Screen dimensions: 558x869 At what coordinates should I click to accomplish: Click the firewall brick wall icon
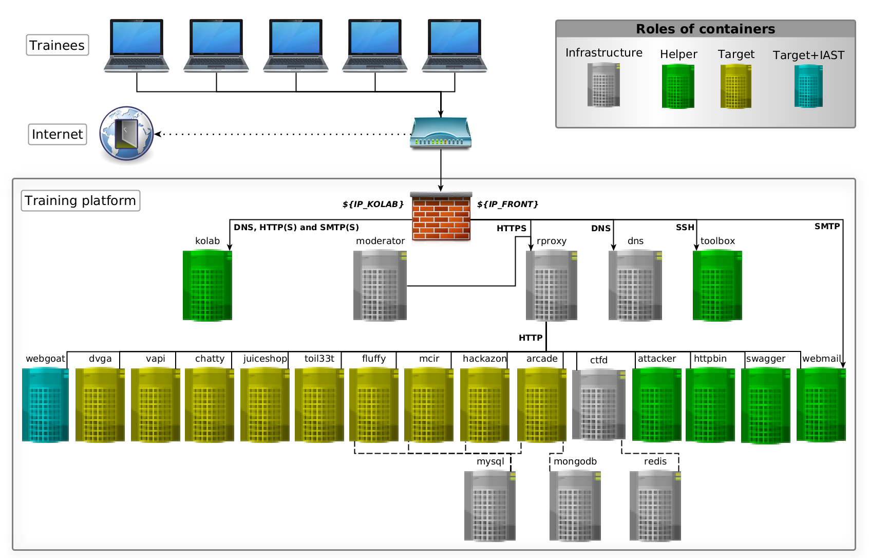[x=441, y=216]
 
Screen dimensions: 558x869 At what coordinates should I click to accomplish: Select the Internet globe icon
[x=126, y=134]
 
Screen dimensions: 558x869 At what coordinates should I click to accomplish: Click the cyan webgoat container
[x=45, y=404]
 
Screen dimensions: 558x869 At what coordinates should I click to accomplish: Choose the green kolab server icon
[x=207, y=285]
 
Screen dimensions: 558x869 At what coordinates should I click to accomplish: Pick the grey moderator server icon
[x=380, y=285]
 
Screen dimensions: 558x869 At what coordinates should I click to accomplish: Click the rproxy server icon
[x=551, y=285]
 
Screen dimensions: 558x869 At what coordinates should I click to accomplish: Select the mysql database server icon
[x=489, y=506]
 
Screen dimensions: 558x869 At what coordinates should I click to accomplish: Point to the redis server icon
[x=655, y=506]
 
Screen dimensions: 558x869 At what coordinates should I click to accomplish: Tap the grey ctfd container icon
[x=598, y=404]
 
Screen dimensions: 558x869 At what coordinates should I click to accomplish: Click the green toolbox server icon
[x=717, y=285]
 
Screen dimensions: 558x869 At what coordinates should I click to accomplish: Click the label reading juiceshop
[x=265, y=359]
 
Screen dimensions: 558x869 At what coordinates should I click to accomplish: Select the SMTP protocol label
[x=827, y=227]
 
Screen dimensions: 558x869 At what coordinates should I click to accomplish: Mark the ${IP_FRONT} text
[x=507, y=204]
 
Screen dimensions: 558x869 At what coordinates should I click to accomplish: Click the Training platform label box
[x=81, y=200]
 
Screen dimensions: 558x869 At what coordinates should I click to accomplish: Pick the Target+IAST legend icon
[x=808, y=86]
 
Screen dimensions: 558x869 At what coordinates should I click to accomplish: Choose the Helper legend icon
[x=678, y=86]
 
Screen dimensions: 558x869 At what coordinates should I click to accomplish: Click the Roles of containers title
[x=705, y=29]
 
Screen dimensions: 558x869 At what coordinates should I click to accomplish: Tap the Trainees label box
[x=57, y=45]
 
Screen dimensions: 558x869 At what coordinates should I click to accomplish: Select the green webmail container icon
[x=821, y=404]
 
